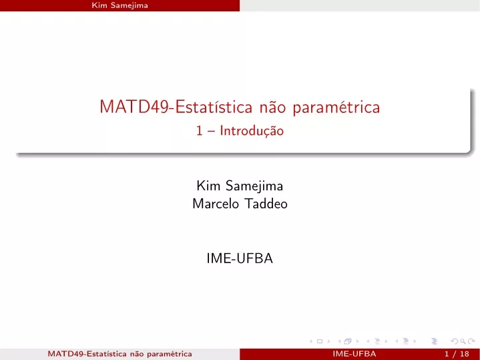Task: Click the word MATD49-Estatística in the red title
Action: point(176,107)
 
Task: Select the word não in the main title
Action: point(272,107)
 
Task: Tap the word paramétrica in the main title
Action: point(336,108)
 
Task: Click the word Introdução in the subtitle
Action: point(252,131)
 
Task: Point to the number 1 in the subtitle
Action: point(200,131)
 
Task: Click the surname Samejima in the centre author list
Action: point(254,186)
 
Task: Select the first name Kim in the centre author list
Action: point(208,186)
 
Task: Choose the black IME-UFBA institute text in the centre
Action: point(240,258)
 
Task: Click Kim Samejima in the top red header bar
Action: point(119,5)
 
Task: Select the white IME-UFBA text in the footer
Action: point(354,354)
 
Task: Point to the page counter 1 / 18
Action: point(457,354)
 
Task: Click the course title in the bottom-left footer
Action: point(119,354)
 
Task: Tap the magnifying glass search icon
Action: point(463,341)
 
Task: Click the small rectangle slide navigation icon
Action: point(320,341)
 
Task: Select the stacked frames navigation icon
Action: point(348,341)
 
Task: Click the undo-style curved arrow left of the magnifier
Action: point(455,341)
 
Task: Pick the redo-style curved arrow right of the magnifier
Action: point(471,341)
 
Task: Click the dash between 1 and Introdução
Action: point(211,132)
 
